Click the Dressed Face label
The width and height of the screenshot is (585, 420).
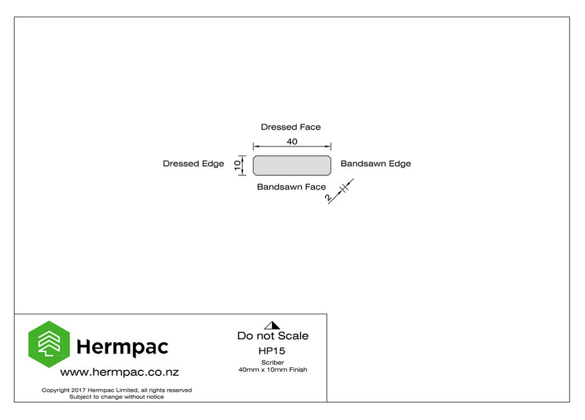point(291,127)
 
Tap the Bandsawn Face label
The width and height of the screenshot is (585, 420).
point(291,187)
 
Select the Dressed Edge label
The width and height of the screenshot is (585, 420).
point(193,163)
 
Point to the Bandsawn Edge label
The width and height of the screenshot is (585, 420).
point(376,163)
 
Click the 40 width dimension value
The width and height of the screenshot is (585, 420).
point(292,142)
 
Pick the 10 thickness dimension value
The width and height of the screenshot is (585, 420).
point(238,165)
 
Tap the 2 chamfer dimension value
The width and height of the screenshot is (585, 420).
point(328,198)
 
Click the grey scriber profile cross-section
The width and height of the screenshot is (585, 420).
point(292,165)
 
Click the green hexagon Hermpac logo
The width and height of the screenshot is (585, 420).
point(49,344)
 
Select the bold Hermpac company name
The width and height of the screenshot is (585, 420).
point(122,347)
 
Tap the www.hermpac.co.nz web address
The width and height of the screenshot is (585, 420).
point(119,372)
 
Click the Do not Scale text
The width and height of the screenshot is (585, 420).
point(273,335)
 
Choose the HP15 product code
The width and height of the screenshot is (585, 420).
point(271,351)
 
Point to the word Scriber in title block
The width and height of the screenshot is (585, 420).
point(273,362)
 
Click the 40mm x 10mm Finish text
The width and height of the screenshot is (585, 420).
point(273,370)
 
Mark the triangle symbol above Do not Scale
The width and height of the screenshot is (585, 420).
point(272,325)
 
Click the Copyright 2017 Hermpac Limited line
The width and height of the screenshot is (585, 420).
point(117,390)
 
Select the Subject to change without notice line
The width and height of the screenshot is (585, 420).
point(117,397)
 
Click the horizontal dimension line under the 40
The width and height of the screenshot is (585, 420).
point(292,146)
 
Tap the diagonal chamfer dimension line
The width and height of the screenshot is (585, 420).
point(340,191)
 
